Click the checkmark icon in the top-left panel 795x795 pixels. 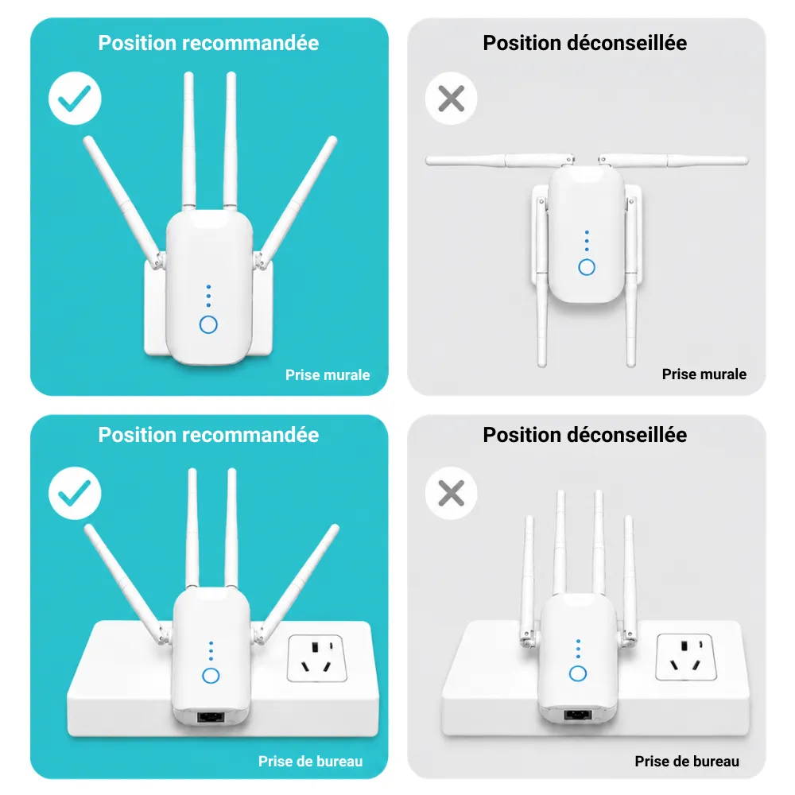pyautogui.click(x=75, y=99)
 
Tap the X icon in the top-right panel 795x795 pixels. pyautogui.click(x=452, y=99)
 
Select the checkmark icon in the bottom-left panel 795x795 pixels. pyautogui.click(x=75, y=494)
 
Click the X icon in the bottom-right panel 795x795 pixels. pyautogui.click(x=452, y=494)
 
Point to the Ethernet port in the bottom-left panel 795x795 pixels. pyautogui.click(x=211, y=716)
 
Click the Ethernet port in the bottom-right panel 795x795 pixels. pyautogui.click(x=578, y=715)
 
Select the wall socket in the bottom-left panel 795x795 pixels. pyautogui.click(x=317, y=658)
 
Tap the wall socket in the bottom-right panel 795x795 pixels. pyautogui.click(x=686, y=657)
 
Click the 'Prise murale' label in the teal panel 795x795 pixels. pyautogui.click(x=328, y=374)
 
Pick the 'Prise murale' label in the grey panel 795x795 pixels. pyautogui.click(x=704, y=374)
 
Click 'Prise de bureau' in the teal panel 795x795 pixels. pyautogui.click(x=310, y=761)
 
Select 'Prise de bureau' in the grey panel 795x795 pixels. pyautogui.click(x=687, y=761)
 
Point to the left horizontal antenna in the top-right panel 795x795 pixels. pyautogui.click(x=500, y=161)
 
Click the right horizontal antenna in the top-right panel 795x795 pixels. pyautogui.click(x=673, y=161)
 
